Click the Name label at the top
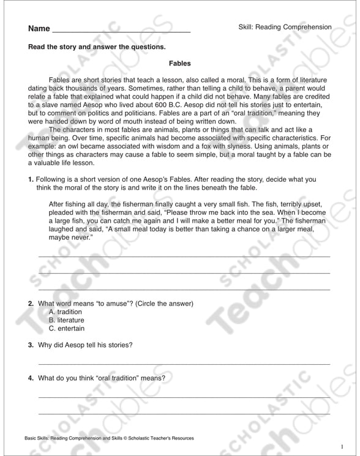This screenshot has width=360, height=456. (x=38, y=29)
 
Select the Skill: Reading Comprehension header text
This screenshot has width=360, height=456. (x=285, y=27)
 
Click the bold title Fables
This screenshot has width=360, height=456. (x=180, y=63)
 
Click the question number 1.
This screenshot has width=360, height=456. (x=31, y=179)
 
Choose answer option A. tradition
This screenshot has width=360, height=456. (x=65, y=312)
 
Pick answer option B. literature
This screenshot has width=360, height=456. (x=66, y=320)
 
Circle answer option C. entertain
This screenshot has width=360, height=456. (x=66, y=329)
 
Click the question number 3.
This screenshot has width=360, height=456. (x=31, y=345)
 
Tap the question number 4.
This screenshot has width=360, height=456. (x=31, y=378)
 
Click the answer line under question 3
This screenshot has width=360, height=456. (x=184, y=363)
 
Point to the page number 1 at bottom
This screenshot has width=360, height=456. (x=342, y=445)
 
